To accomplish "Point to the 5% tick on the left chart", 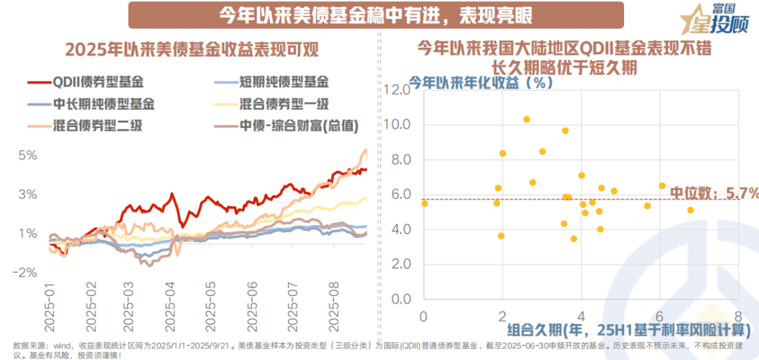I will pyautogui.click(x=28, y=155).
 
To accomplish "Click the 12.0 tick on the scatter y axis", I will pyautogui.click(x=398, y=90).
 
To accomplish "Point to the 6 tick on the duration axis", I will pyautogui.click(x=659, y=316).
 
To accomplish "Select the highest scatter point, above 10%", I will pyautogui.click(x=526, y=120).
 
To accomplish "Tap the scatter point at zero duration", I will pyautogui.click(x=424, y=203).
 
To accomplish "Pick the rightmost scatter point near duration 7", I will pyautogui.click(x=690, y=210).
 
